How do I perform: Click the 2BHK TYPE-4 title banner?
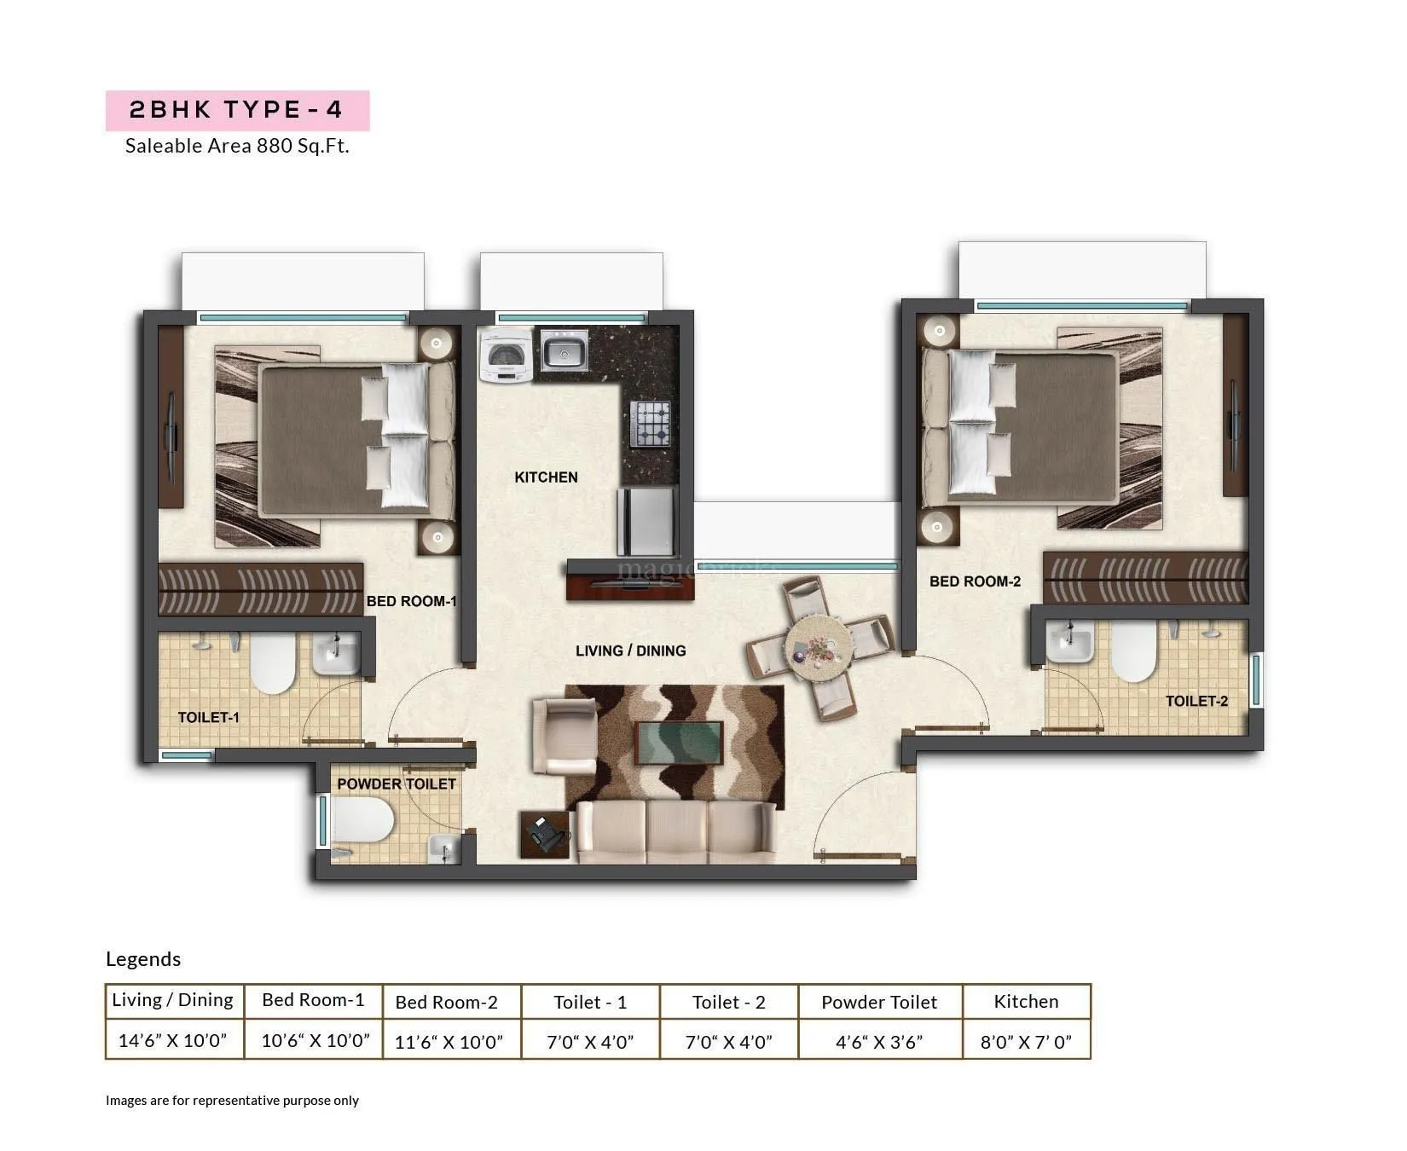(x=236, y=110)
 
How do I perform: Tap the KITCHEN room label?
(x=546, y=477)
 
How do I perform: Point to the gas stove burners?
(x=650, y=424)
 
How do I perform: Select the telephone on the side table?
(x=544, y=832)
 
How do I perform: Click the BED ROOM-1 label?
(x=411, y=602)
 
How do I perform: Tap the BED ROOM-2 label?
(x=975, y=581)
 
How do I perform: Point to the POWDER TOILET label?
(x=396, y=784)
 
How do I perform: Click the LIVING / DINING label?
(x=630, y=651)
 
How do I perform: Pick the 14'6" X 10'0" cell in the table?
(x=173, y=1040)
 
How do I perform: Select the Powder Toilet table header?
(x=879, y=1003)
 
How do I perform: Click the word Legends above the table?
(x=143, y=959)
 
